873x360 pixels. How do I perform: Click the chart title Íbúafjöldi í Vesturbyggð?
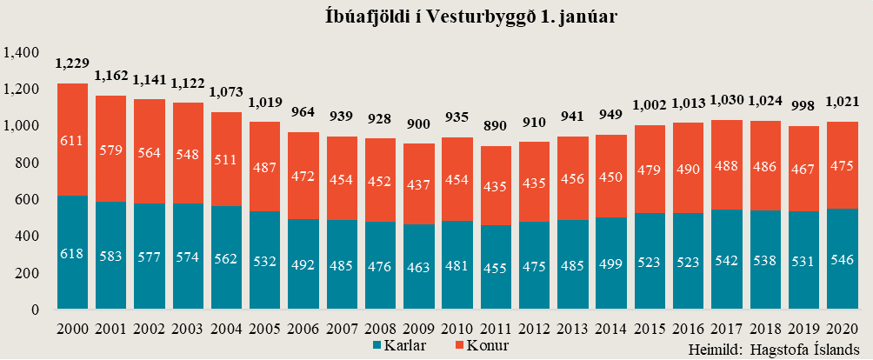(436, 17)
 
